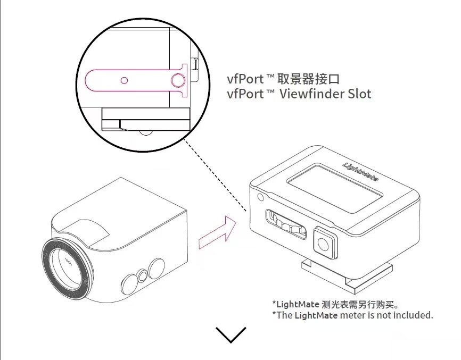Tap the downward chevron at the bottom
231,334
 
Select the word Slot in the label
359,94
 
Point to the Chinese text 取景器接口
309,80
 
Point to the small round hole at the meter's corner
260,197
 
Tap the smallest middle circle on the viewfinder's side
142,275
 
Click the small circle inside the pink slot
124,80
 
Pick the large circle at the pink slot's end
178,80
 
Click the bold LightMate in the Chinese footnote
298,305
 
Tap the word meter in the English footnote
352,315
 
